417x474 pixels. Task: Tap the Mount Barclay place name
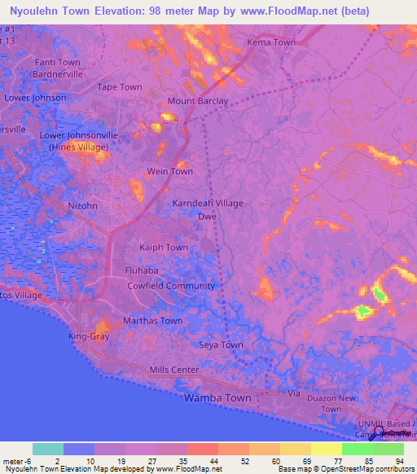point(198,101)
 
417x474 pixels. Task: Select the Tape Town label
point(120,87)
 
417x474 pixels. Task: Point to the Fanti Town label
point(57,63)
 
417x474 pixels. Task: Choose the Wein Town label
point(169,172)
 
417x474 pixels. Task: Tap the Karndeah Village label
point(208,204)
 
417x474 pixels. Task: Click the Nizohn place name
point(83,206)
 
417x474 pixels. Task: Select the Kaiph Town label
point(165,248)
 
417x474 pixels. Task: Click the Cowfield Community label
point(171,286)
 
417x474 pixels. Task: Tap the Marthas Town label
point(152,321)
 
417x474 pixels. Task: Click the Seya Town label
point(221,345)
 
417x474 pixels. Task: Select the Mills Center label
point(174,371)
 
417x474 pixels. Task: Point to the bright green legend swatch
point(358,449)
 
